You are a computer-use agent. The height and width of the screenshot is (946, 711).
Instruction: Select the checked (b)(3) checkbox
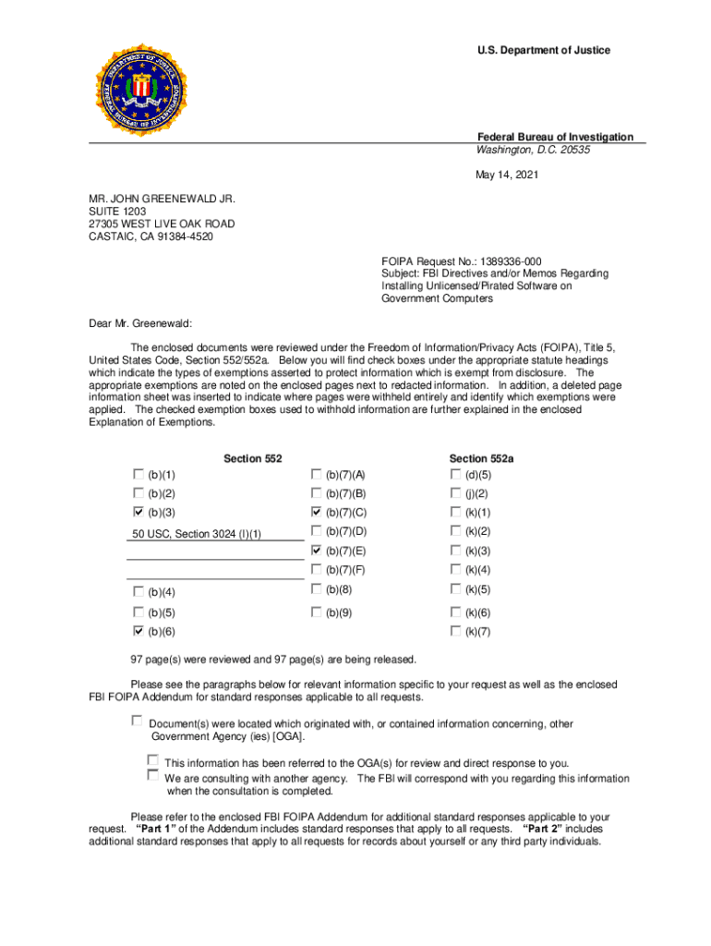click(139, 512)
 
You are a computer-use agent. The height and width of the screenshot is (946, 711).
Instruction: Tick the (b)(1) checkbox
click(139, 474)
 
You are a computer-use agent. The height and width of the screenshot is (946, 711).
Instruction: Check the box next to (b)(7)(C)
click(317, 512)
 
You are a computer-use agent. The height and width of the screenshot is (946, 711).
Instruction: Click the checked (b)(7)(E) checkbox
click(317, 551)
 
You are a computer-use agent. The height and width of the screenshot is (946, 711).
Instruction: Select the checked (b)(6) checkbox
click(139, 631)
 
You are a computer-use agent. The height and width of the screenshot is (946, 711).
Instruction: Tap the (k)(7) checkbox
click(455, 631)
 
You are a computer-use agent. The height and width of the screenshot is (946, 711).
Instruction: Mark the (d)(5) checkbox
click(455, 474)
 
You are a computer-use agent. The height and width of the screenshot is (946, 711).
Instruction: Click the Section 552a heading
click(481, 458)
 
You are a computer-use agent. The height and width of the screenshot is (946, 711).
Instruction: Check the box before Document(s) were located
click(138, 720)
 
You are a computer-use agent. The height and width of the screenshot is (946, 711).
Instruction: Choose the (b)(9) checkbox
click(317, 612)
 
